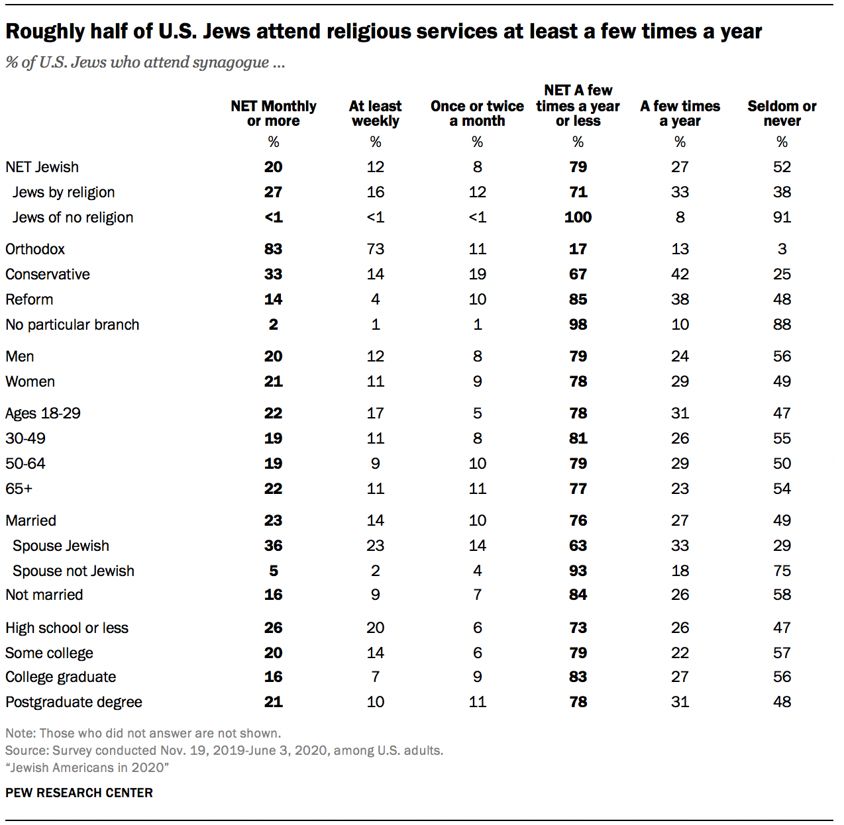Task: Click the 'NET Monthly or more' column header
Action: (x=273, y=113)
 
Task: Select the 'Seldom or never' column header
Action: (x=782, y=113)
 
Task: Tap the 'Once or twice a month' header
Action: (x=477, y=113)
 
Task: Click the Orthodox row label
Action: (x=35, y=249)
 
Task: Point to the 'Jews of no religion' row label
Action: (x=73, y=217)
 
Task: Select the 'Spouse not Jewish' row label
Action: (x=74, y=571)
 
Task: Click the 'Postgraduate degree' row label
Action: (x=74, y=702)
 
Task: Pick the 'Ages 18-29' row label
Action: (x=43, y=413)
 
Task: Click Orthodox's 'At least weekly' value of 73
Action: (x=376, y=249)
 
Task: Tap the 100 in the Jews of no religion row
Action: (x=578, y=217)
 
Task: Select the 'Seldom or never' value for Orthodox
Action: (x=782, y=249)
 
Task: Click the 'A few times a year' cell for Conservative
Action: (x=680, y=274)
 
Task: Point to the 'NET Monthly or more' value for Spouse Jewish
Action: (x=273, y=546)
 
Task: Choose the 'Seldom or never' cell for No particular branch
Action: (x=782, y=324)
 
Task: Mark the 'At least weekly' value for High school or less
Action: (x=376, y=628)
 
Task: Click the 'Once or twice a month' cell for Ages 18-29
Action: (x=477, y=413)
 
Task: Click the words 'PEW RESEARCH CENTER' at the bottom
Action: (x=79, y=793)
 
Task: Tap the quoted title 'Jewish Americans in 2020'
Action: (x=87, y=767)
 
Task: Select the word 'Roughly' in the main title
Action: (x=44, y=31)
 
